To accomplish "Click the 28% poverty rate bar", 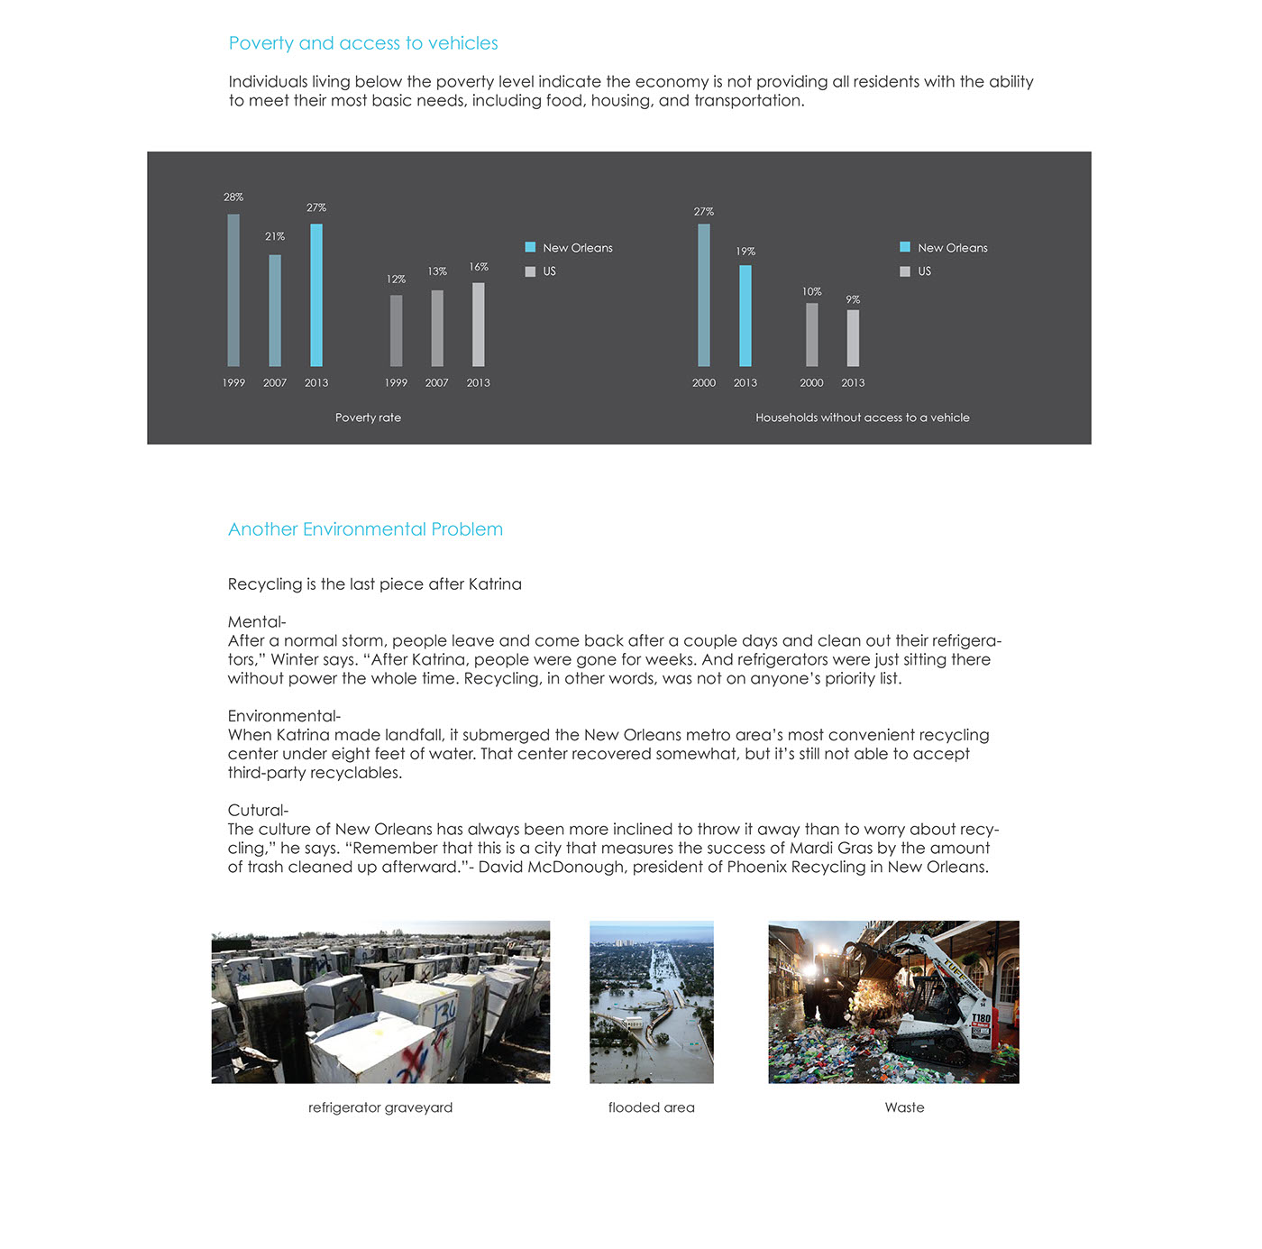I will [233, 290].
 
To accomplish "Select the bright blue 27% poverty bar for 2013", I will [316, 295].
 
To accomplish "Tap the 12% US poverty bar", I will [396, 330].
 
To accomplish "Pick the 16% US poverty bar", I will [479, 325].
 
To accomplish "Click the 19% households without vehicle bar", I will [745, 316].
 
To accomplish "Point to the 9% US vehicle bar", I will [853, 338].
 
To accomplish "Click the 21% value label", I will [275, 236].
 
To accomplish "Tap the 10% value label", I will [811, 291].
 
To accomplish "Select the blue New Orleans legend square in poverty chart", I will [530, 247].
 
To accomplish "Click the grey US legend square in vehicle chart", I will [905, 271].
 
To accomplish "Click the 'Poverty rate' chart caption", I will [368, 418].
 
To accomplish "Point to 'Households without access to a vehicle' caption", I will [863, 418].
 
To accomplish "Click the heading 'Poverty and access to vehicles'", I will [363, 43].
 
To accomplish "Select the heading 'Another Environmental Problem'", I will [365, 529].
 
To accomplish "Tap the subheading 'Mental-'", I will [257, 621].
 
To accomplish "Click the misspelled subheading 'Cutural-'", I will [258, 810].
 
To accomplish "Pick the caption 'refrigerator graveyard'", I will [380, 1107].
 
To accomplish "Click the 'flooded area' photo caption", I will [651, 1107].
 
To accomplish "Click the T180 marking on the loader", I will [981, 1018].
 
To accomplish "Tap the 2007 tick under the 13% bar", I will [437, 383].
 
